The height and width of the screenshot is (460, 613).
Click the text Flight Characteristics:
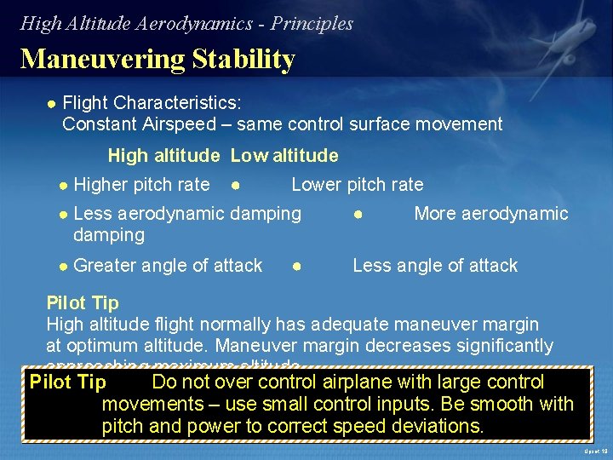click(152, 103)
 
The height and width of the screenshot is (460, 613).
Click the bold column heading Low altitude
click(284, 156)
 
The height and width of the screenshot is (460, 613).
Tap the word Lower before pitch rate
click(318, 185)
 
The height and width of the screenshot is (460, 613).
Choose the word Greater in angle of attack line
click(106, 266)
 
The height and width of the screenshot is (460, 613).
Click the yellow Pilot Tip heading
click(83, 302)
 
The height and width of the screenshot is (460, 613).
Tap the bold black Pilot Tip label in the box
click(68, 382)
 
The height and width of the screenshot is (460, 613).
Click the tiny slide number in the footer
click(595, 451)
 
